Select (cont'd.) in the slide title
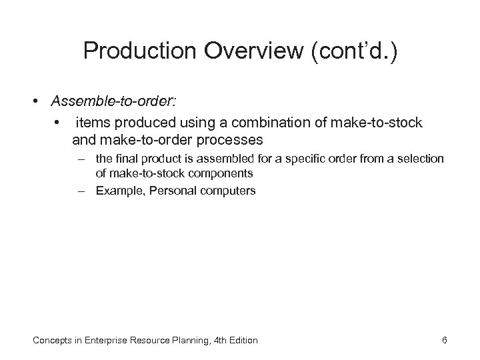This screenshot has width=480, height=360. pyautogui.click(x=355, y=52)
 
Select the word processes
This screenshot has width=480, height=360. pyautogui.click(x=231, y=141)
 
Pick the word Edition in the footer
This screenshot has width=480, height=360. pyautogui.click(x=241, y=341)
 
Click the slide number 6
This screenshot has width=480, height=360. pyautogui.click(x=444, y=341)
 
